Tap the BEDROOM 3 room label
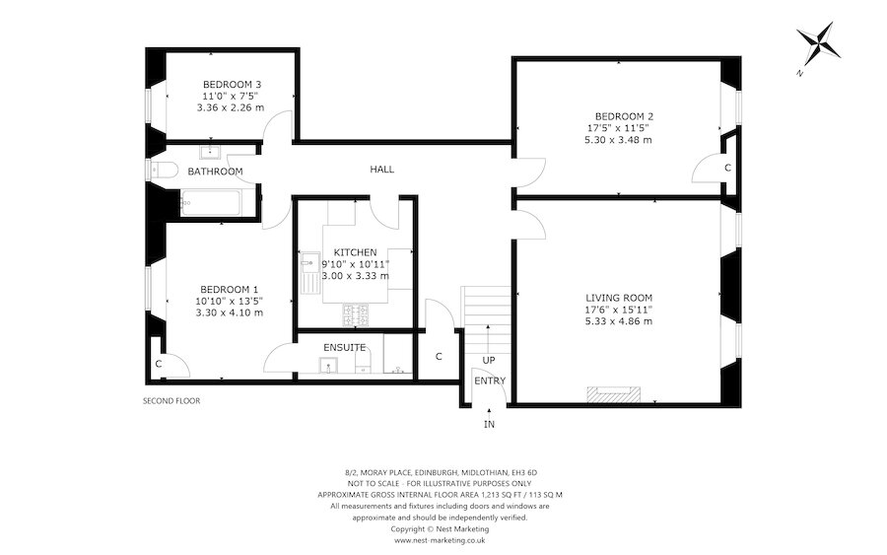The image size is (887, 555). pyautogui.click(x=232, y=84)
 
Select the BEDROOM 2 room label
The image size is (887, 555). pyautogui.click(x=617, y=115)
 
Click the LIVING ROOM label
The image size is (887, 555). pyautogui.click(x=619, y=297)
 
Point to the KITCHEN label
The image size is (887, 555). pyautogui.click(x=355, y=252)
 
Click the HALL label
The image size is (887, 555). pyautogui.click(x=381, y=170)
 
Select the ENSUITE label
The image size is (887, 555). pyautogui.click(x=345, y=348)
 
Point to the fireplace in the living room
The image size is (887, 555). pyautogui.click(x=613, y=395)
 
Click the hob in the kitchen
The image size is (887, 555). pyautogui.click(x=357, y=315)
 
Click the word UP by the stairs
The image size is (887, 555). pyautogui.click(x=489, y=361)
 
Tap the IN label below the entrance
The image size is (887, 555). pyautogui.click(x=489, y=424)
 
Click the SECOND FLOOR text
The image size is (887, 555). pyautogui.click(x=171, y=401)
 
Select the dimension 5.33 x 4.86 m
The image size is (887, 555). pyautogui.click(x=618, y=321)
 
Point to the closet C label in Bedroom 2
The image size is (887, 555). pyautogui.click(x=727, y=169)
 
